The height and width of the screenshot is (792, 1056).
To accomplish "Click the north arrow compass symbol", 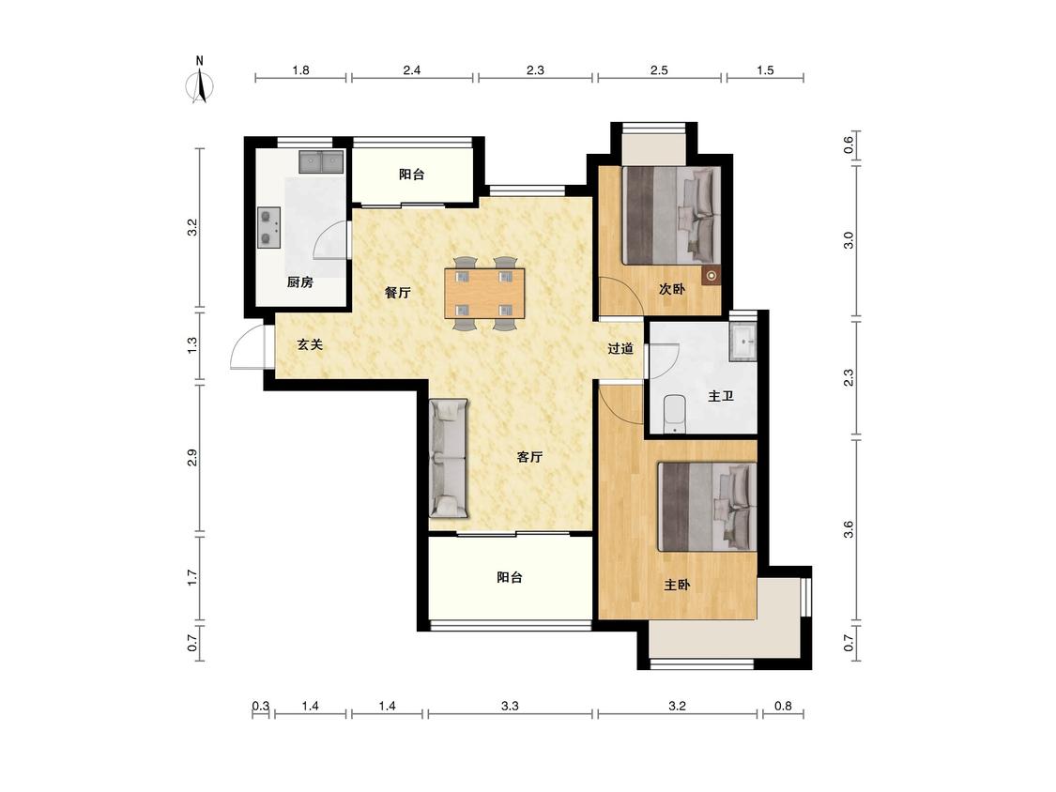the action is pos(199,85).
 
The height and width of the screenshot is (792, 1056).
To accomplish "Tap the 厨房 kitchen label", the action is pos(299,282).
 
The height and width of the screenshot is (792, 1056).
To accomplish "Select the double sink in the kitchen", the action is pos(321,161).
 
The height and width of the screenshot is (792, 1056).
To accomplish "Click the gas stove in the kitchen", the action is pos(268,228).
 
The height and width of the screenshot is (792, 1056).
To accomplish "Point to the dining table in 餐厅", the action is pos(484,294).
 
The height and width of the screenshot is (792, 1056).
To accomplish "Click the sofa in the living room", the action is pos(448,459).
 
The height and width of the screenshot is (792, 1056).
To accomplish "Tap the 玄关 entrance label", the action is pos(310,344).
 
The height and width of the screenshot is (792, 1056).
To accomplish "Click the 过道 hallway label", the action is pos(620,348).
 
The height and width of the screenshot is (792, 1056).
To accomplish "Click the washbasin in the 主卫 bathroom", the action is pos(743,343).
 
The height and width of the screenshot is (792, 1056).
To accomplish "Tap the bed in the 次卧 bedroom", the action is pos(671,215).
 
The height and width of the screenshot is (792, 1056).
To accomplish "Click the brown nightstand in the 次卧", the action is pos(711,276).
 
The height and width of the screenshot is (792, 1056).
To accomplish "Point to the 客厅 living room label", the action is pos(529,457).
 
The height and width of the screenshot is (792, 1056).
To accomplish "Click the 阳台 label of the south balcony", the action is pos(509,577).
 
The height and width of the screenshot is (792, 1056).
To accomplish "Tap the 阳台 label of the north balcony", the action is pos(411,175).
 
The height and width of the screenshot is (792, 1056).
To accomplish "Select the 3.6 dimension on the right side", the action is pos(849,529).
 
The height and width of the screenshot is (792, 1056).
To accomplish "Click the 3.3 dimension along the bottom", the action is pos(510,706).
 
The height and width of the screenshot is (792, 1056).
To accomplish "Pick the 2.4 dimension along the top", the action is pos(411,70).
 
